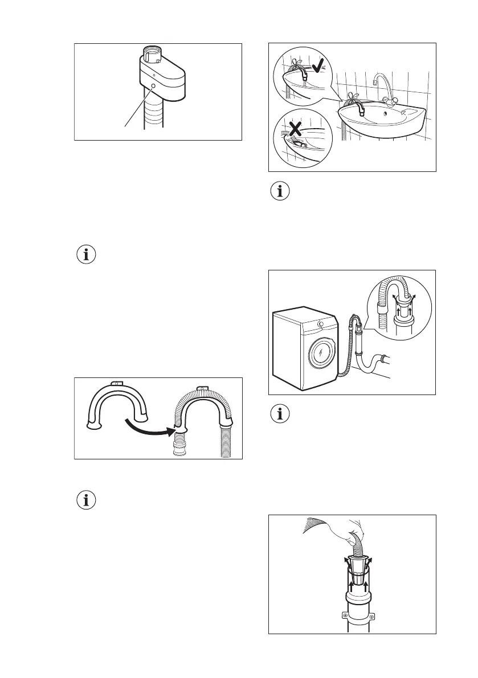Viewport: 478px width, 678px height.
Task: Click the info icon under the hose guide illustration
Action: tap(87, 500)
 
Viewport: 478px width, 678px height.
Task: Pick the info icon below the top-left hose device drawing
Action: tap(87, 254)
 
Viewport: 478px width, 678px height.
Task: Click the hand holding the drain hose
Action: tap(350, 527)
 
